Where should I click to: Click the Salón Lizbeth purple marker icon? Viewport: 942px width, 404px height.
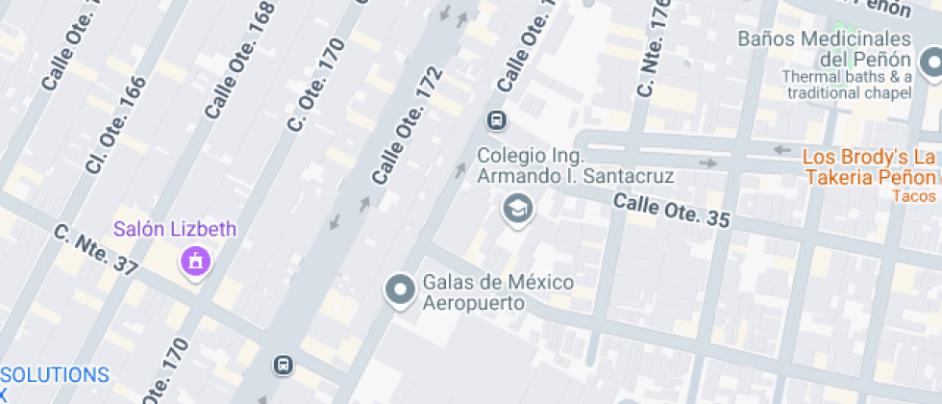(x=196, y=260)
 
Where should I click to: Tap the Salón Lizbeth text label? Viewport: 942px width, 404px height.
(x=174, y=230)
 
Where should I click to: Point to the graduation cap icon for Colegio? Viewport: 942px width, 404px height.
(x=518, y=207)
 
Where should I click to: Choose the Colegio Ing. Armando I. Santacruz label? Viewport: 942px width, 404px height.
(x=576, y=166)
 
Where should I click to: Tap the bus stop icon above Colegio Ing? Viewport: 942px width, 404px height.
(x=497, y=121)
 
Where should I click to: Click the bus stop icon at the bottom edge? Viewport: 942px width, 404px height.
(x=284, y=365)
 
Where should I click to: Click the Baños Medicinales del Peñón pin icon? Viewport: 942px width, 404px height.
(x=930, y=64)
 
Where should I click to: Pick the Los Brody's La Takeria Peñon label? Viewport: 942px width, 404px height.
(x=870, y=167)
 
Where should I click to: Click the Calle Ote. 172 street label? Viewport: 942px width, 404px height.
(x=407, y=126)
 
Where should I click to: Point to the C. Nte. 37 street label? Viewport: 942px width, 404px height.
(x=96, y=249)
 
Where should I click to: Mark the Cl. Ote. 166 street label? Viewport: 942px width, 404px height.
(x=114, y=125)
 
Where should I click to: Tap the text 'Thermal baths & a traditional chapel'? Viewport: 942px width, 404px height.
(x=846, y=85)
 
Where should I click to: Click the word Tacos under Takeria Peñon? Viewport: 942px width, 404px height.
(x=913, y=195)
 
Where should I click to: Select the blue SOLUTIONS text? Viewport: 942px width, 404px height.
(x=55, y=374)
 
